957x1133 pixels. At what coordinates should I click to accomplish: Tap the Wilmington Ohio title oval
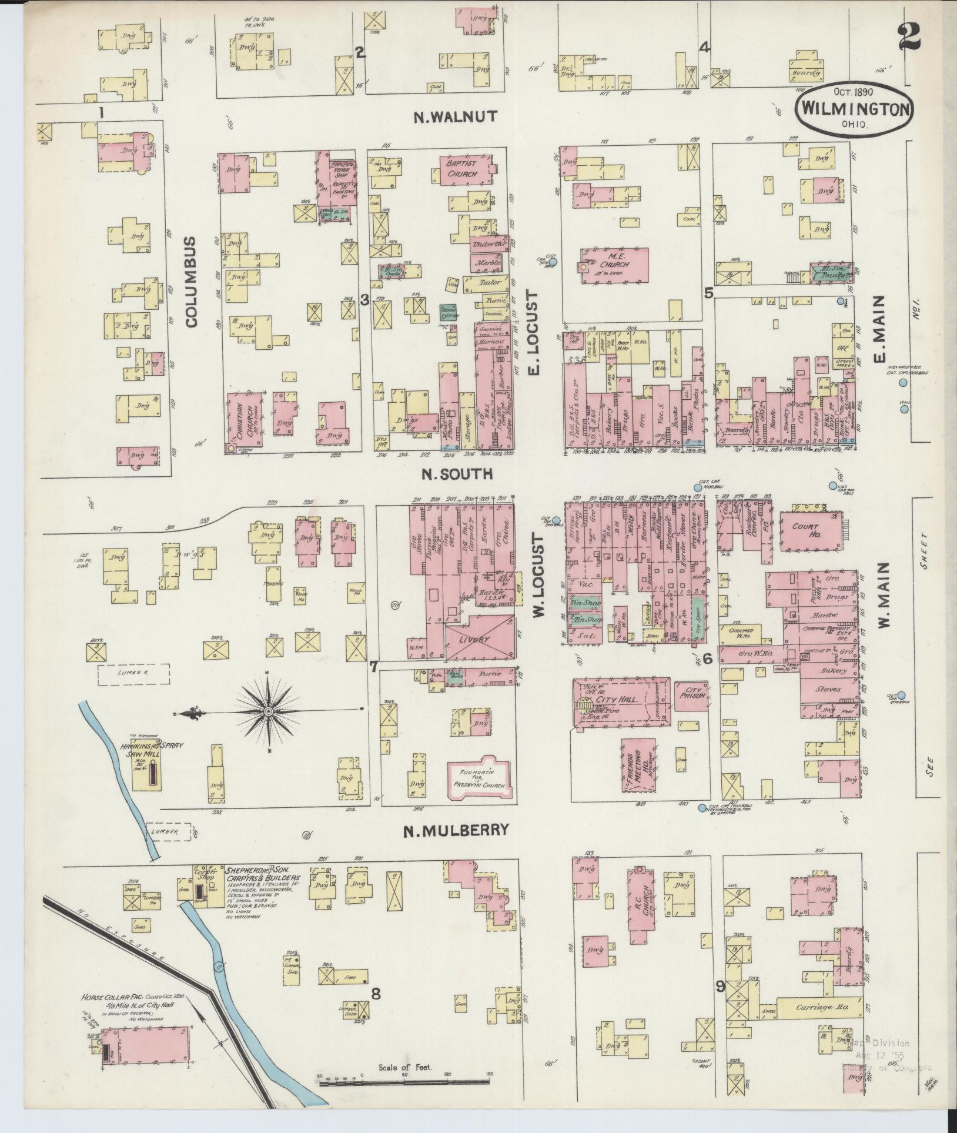pos(847,109)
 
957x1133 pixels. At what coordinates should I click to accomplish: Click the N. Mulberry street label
pos(456,830)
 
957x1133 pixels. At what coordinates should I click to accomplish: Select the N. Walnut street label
pos(455,116)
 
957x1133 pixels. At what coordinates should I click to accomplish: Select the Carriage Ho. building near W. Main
pos(820,1007)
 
